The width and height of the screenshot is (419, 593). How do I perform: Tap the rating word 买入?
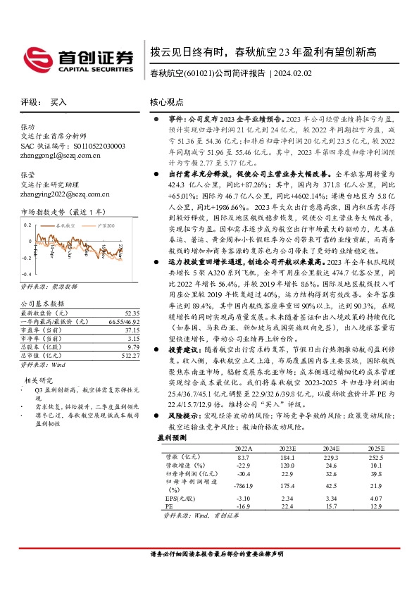click(x=58, y=102)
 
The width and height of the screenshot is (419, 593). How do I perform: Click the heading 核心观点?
click(x=168, y=102)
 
